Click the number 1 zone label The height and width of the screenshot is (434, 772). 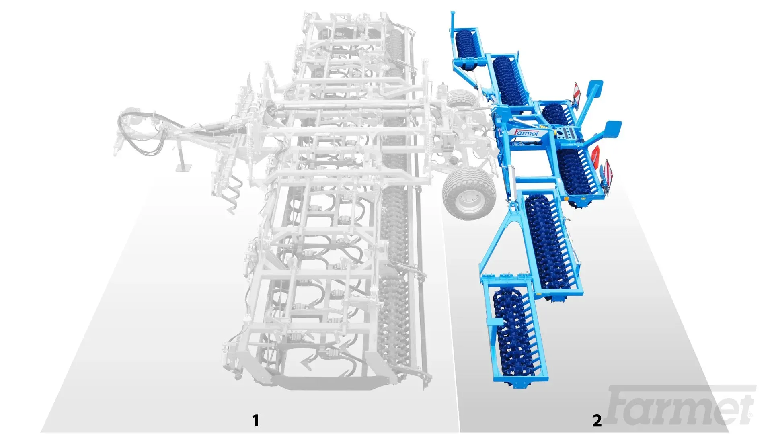pos(255,420)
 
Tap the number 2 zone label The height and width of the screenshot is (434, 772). pos(597,420)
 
